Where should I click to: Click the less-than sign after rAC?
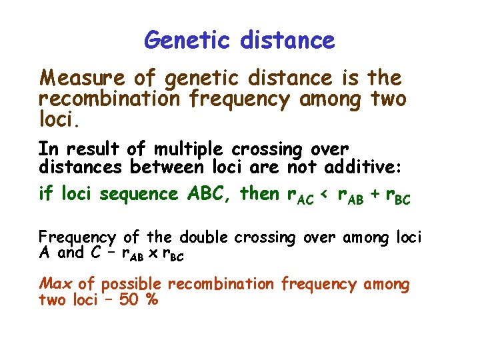click(326, 195)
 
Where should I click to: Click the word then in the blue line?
click(259, 194)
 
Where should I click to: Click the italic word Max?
click(57, 284)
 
